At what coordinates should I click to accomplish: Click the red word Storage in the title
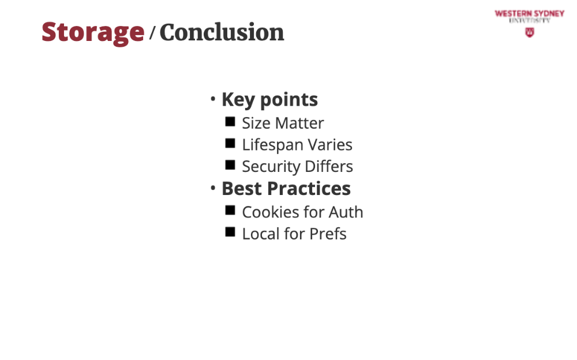pos(93,33)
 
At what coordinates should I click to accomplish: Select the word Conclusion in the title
pos(222,32)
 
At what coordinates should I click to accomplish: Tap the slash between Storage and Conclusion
pos(152,33)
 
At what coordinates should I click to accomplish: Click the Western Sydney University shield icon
pos(530,32)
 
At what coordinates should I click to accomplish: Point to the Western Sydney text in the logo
pos(530,14)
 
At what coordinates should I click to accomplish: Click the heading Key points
pos(269,100)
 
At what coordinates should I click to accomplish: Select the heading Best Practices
pos(286,189)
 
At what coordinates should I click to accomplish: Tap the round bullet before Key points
pos(213,99)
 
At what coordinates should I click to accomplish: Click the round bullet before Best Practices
pos(213,187)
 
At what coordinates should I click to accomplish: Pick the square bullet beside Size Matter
pos(230,122)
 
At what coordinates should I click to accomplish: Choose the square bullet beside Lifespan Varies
pos(230,143)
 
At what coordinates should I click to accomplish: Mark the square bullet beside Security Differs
pos(230,165)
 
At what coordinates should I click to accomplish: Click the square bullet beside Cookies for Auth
pos(230,210)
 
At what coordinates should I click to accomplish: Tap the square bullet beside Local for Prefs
pos(230,232)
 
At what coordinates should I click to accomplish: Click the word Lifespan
pos(273,145)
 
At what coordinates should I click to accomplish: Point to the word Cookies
pos(271,212)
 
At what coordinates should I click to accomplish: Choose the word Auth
pos(346,212)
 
